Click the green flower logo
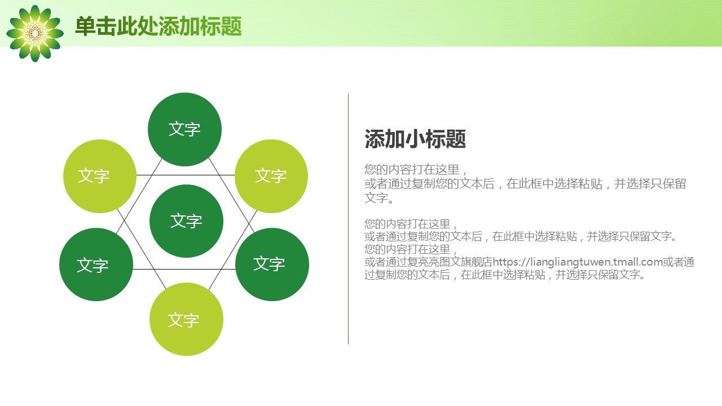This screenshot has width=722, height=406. click(x=35, y=33)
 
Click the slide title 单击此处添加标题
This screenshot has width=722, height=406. click(x=159, y=26)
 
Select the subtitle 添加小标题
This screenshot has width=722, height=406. click(x=415, y=139)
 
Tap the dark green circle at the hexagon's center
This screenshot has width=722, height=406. click(x=186, y=221)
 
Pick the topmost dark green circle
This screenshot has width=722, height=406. click(x=184, y=130)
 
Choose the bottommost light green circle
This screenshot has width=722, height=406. click(x=186, y=319)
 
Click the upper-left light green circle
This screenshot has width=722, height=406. click(x=100, y=176)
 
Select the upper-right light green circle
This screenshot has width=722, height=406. click(x=271, y=176)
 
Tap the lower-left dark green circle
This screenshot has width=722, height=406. click(x=96, y=264)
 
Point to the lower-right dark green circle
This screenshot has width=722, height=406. click(x=272, y=264)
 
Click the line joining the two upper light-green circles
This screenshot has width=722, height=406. click(x=186, y=175)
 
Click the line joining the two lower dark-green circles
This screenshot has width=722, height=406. click(x=184, y=269)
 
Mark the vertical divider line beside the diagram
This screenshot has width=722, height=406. click(x=348, y=219)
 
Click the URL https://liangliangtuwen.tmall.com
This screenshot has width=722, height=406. click(x=578, y=262)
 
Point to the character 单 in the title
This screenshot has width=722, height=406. click(x=85, y=26)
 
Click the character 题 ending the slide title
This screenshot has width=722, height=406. click(x=231, y=26)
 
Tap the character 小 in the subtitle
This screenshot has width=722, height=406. click(x=415, y=139)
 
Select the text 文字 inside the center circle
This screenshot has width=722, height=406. click(x=186, y=221)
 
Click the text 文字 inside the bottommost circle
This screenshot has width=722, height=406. click(x=183, y=320)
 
